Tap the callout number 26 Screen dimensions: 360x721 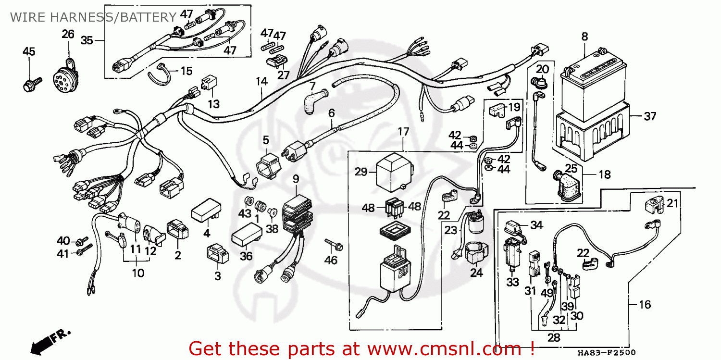click(68, 34)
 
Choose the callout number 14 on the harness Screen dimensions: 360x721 click(261, 81)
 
